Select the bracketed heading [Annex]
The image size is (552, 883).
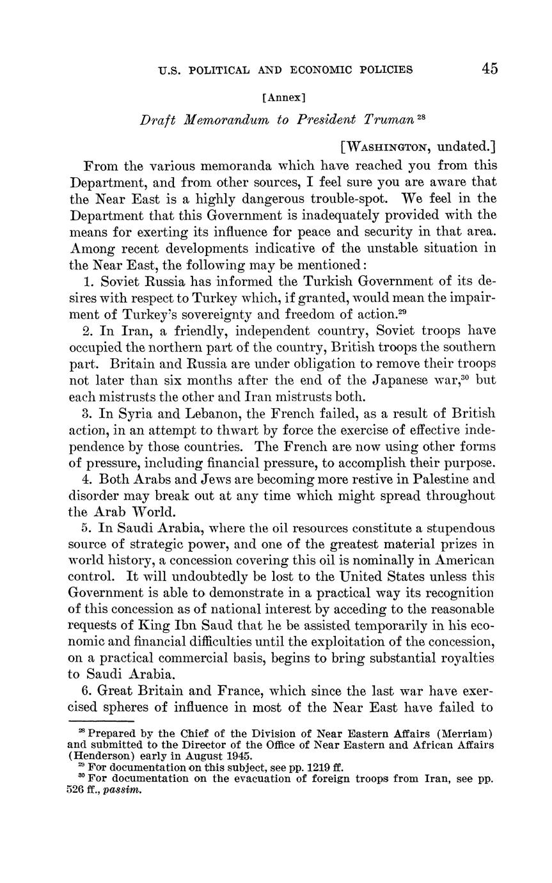pyautogui.click(x=284, y=98)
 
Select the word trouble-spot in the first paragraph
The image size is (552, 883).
pyautogui.click(x=345, y=198)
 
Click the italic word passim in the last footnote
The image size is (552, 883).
pyautogui.click(x=122, y=790)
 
